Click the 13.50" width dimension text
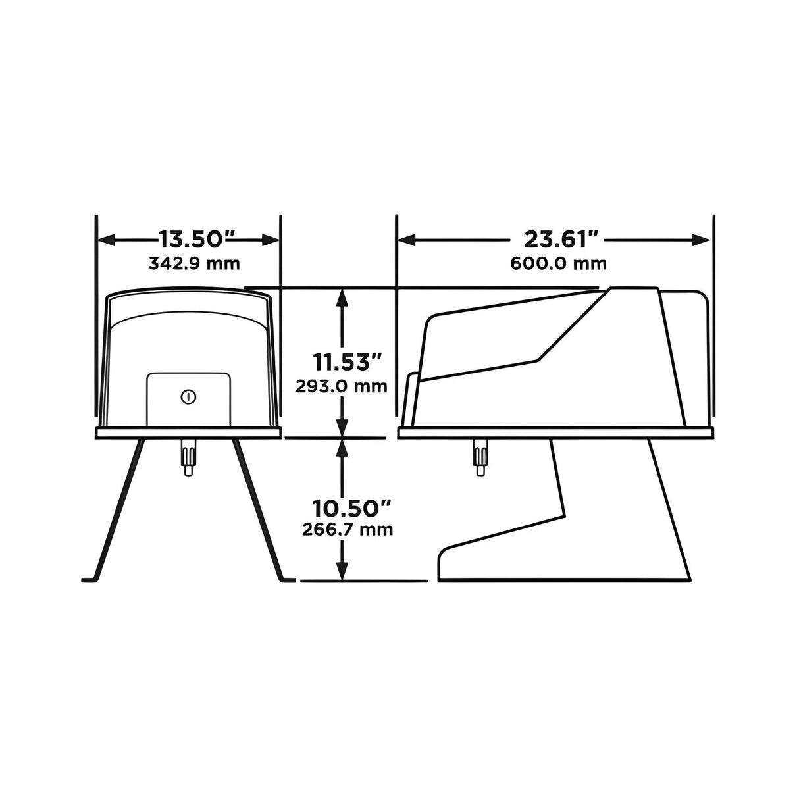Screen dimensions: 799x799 (x=189, y=239)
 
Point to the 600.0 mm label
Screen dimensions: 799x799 (x=558, y=264)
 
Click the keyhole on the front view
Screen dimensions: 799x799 (x=188, y=397)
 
